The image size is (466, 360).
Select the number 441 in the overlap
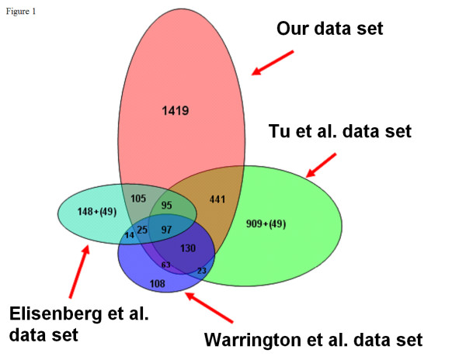(217, 199)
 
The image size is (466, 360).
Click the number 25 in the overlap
(142, 230)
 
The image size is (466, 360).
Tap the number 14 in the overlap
(129, 235)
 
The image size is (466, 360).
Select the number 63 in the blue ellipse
(165, 265)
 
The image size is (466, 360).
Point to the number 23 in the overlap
(202, 270)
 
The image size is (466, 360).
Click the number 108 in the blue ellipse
(158, 284)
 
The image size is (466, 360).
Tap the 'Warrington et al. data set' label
(313, 339)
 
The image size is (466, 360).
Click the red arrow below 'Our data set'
(273, 63)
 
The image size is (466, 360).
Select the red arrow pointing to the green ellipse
(322, 164)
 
